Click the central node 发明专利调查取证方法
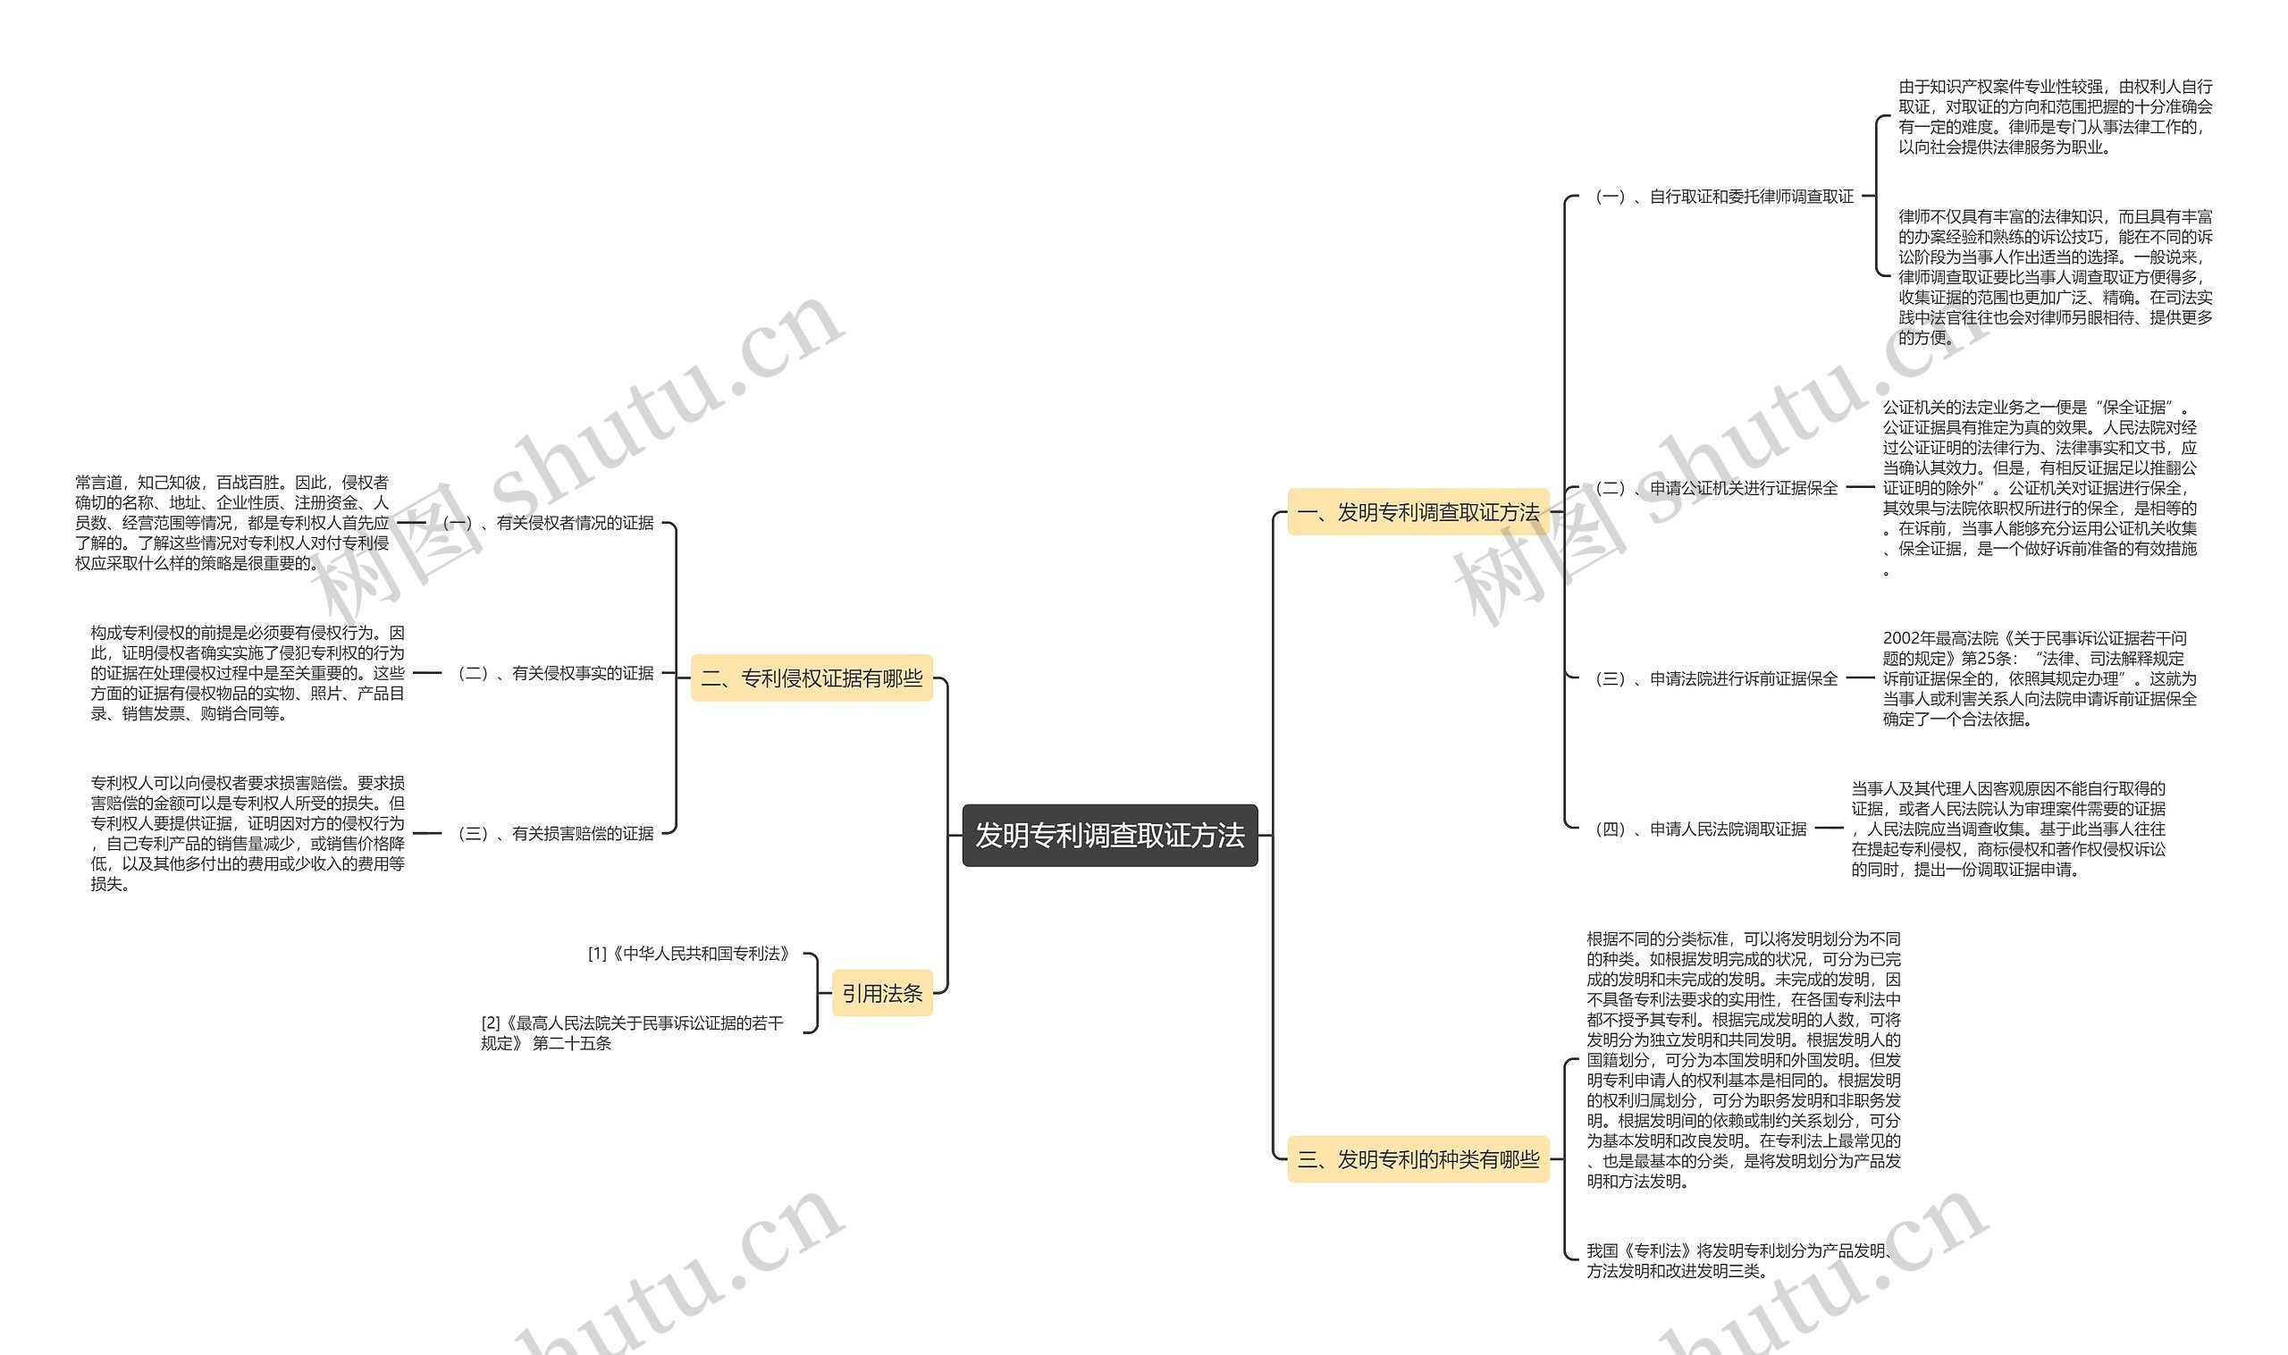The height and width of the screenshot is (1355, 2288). click(x=1109, y=835)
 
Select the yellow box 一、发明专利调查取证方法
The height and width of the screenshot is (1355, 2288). click(x=1417, y=512)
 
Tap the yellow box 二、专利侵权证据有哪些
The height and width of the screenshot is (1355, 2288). click(x=811, y=677)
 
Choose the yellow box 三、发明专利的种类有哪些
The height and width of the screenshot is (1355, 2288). click(x=1417, y=1158)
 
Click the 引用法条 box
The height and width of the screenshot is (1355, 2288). click(x=881, y=992)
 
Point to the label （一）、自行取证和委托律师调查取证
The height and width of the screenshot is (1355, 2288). click(x=1723, y=197)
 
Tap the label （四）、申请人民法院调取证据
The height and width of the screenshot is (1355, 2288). click(x=1699, y=829)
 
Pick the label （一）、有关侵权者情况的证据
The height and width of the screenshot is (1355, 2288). click(x=548, y=523)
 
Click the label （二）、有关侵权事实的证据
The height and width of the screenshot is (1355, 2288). click(x=555, y=673)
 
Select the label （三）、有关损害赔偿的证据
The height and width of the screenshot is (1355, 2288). click(x=555, y=833)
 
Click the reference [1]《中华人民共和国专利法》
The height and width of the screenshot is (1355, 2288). click(x=688, y=954)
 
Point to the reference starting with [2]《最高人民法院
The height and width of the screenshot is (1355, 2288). click(x=632, y=1032)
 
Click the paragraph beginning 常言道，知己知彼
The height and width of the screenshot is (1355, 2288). click(x=231, y=522)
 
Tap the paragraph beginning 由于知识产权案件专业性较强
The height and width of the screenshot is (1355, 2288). click(x=2056, y=117)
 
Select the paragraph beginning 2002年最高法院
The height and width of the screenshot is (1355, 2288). click(x=2039, y=678)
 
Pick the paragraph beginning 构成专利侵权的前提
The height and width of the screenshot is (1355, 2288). click(x=248, y=673)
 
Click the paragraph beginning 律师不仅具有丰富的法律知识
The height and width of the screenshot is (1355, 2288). click(x=2056, y=277)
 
